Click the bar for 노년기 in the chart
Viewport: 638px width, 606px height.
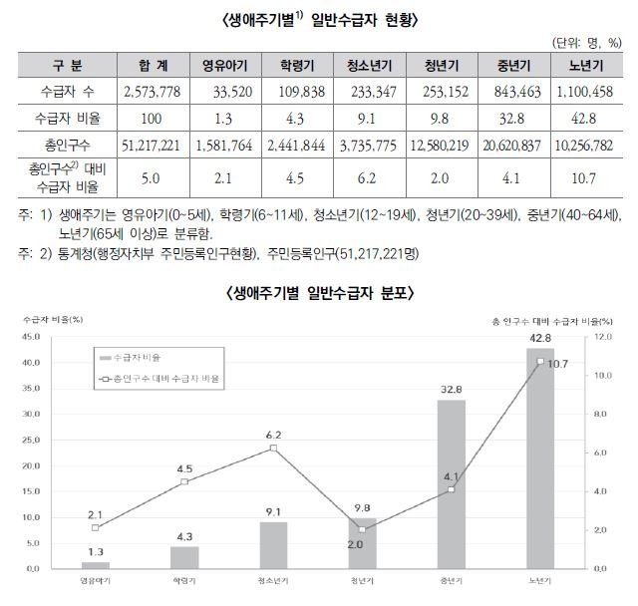tap(539, 458)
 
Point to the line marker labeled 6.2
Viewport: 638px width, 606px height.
tap(273, 449)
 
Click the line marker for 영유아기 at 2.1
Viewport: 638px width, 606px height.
tap(96, 527)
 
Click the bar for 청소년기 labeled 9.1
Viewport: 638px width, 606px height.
tap(273, 544)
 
